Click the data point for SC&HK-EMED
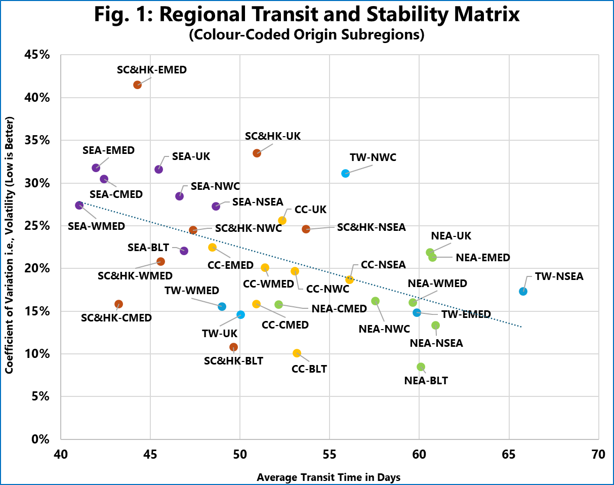coord(137,85)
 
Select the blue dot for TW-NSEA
coord(523,291)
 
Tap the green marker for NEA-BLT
coord(421,367)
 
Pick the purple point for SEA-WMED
coord(79,205)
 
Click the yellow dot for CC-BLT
coord(297,353)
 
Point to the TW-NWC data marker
coord(345,173)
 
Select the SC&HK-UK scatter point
coord(257,153)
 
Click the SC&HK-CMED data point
coord(118,304)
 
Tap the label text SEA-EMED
coord(108,150)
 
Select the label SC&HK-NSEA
coord(371,227)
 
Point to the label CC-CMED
coord(285,325)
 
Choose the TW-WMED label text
coord(192,290)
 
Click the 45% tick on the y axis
coord(37,55)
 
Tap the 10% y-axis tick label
coord(37,353)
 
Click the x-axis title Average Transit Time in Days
coord(329,477)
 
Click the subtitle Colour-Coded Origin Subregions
coord(307,36)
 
